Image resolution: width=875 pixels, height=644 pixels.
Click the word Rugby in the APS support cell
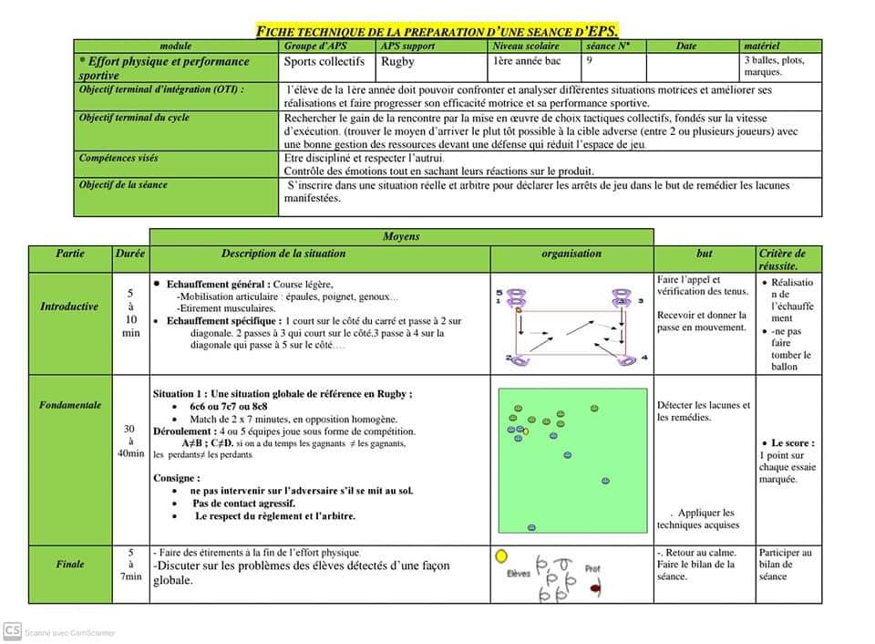tap(397, 62)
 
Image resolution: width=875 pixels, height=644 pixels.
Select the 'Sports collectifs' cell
tap(324, 62)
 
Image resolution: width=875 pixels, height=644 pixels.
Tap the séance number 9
tap(590, 60)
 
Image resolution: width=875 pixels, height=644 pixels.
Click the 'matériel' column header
tap(762, 46)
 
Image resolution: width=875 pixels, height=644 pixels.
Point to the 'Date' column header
tap(686, 46)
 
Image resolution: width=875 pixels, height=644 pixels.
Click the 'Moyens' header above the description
tap(401, 236)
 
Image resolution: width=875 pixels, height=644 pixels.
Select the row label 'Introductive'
tap(69, 306)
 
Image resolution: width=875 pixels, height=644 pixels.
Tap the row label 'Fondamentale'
tap(70, 404)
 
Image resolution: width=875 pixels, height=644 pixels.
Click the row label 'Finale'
tap(70, 564)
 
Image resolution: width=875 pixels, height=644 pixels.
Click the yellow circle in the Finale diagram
tap(500, 556)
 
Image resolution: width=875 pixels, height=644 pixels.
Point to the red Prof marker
tap(595, 588)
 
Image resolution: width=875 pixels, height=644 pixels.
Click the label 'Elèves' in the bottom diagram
tap(519, 574)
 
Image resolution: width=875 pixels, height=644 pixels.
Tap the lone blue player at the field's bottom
tap(531, 526)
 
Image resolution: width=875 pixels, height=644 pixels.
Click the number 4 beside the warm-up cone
tap(643, 358)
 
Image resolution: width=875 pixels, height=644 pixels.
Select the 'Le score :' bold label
tap(793, 443)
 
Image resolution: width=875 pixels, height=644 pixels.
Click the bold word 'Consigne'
tap(176, 478)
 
